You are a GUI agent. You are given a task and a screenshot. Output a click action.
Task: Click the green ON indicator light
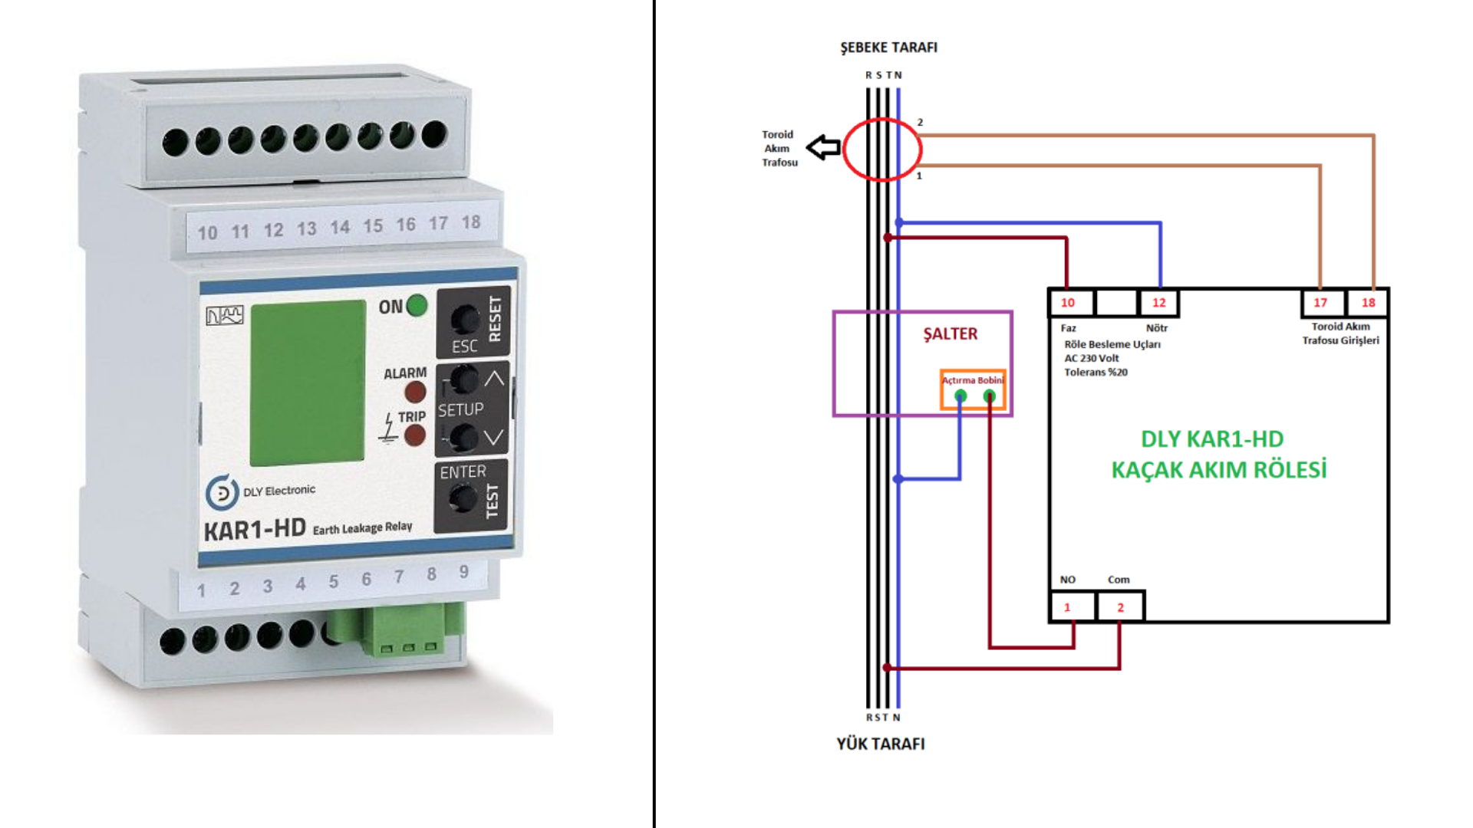point(417,305)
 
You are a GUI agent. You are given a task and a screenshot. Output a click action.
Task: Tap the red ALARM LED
point(415,393)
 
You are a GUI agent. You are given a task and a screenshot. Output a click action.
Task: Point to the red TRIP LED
point(415,435)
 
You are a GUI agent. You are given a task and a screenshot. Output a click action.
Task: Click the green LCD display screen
point(308,383)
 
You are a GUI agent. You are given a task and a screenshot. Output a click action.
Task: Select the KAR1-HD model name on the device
point(255,530)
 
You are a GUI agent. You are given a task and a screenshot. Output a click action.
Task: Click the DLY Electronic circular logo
point(222,492)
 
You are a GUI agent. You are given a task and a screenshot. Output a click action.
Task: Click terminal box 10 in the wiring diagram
point(1068,303)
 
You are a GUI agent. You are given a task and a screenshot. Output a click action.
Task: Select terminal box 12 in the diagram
point(1158,303)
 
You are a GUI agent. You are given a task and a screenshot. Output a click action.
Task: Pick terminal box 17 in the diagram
point(1320,303)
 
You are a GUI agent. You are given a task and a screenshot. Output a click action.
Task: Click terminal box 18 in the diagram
point(1368,303)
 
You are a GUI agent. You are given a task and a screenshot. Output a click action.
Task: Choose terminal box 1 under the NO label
point(1067,607)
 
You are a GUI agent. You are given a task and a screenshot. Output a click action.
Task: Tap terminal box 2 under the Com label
point(1120,607)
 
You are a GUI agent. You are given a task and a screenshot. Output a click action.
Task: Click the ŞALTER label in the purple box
point(950,334)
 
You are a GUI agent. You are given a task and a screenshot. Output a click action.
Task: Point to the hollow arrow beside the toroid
point(824,147)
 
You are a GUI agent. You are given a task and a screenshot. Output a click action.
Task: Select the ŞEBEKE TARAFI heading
point(888,48)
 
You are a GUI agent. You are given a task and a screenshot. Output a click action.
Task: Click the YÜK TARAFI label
point(880,744)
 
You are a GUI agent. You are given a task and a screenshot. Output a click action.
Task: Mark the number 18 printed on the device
point(471,222)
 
